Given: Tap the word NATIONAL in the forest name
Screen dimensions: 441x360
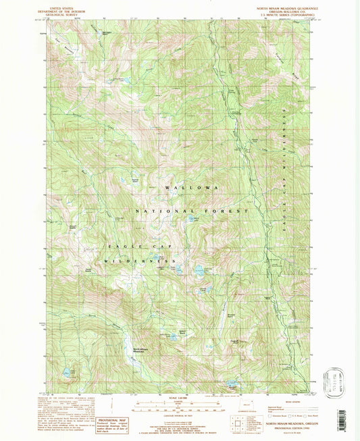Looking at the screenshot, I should point(159,212).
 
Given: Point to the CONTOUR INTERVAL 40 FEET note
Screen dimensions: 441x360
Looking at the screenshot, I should point(179,415).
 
